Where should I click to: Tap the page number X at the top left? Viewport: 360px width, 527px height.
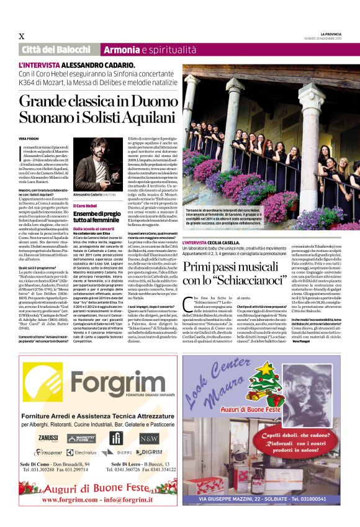(22, 35)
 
